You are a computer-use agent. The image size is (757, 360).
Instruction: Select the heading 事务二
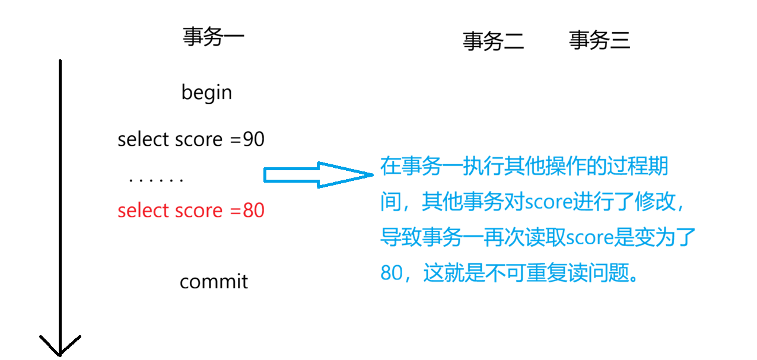[493, 41]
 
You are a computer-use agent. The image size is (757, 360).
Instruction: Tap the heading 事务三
[599, 40]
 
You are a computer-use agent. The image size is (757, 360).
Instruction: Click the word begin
[206, 93]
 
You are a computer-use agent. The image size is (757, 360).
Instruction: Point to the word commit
[214, 281]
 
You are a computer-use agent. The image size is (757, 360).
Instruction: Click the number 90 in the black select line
[254, 139]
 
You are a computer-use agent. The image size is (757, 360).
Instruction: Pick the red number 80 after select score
[254, 211]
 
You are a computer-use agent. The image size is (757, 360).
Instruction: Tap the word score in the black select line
[199, 139]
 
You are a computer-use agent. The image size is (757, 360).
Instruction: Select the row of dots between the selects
[155, 179]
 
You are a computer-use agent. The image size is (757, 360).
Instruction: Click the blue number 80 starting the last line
[391, 273]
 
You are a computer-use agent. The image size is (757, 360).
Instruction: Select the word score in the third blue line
[590, 238]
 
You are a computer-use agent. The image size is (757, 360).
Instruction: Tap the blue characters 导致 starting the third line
[400, 238]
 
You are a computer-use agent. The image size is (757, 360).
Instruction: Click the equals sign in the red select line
[236, 211]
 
